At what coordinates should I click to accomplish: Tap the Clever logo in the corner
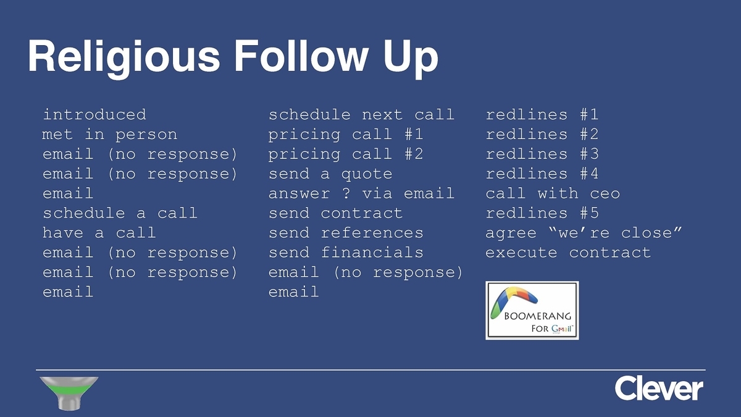point(659,388)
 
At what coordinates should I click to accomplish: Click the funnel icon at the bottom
point(69,393)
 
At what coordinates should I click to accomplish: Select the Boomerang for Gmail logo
point(532,310)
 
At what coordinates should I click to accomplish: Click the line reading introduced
point(94,115)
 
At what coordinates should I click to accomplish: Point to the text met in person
point(110,135)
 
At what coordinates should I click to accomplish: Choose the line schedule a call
point(120,213)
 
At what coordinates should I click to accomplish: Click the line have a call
point(99,233)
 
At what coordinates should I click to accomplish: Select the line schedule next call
point(361,115)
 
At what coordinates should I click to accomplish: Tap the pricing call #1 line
point(346,135)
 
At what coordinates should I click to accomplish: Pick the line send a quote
point(330,174)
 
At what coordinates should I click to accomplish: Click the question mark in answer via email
point(346,193)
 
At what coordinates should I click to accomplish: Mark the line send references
point(346,233)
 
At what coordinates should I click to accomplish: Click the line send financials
point(346,253)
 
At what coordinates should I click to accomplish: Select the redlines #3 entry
point(542,154)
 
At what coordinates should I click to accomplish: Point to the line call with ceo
point(553,193)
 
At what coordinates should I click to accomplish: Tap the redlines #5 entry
point(542,213)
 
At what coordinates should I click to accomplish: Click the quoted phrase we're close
point(615,233)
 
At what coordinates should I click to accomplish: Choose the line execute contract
point(568,253)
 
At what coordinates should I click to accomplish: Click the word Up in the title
point(411,57)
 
